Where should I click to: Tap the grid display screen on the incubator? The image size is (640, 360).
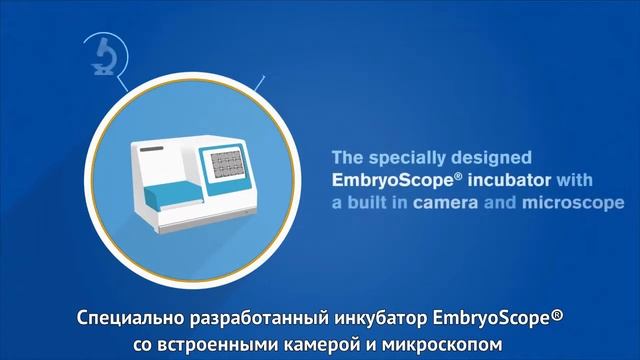(228, 162)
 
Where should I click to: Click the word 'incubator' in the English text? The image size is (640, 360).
(512, 180)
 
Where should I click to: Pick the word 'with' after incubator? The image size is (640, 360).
(575, 180)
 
